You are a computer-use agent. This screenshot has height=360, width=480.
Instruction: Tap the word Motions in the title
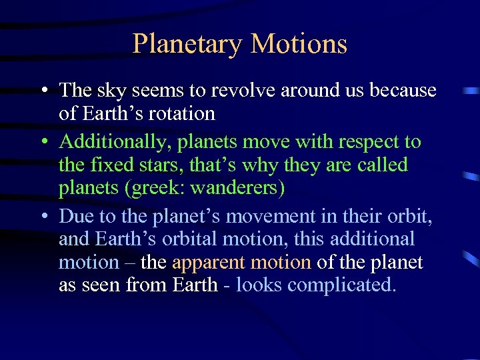pos(299,44)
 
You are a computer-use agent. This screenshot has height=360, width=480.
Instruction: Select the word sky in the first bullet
pos(111,90)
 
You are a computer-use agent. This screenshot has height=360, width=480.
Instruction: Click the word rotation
pos(184,114)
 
